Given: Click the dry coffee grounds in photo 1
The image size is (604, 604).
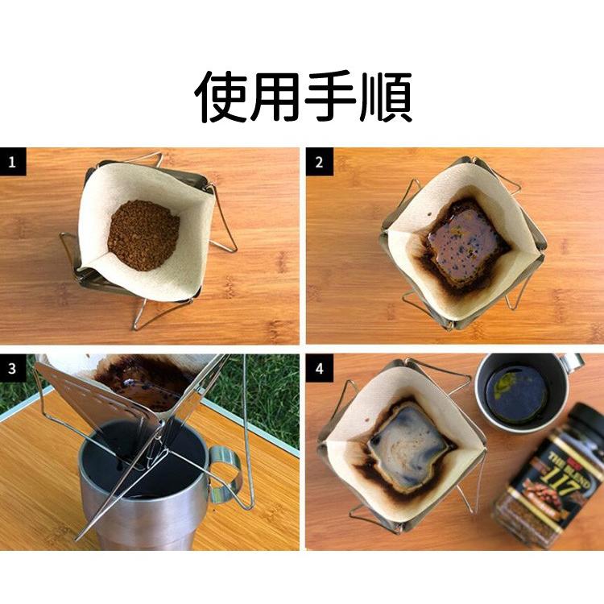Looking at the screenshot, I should pos(143,234).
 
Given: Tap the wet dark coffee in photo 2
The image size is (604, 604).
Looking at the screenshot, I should pos(465,241).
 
